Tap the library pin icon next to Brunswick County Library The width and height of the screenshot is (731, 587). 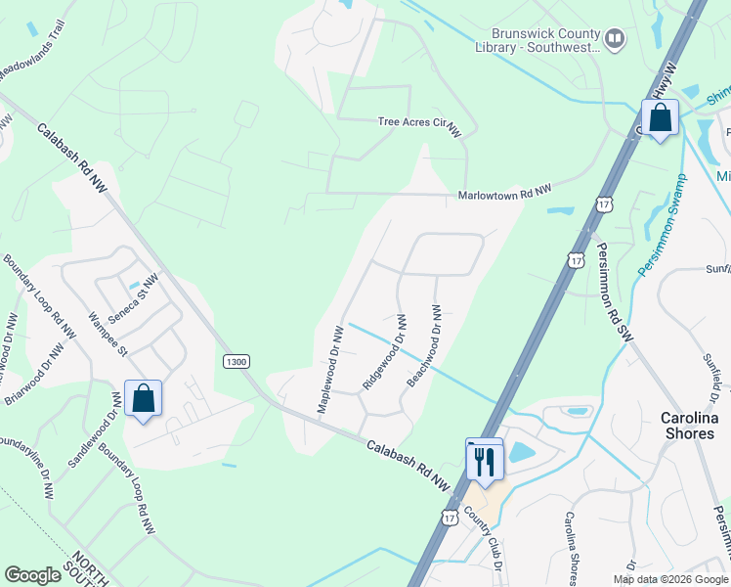click(615, 39)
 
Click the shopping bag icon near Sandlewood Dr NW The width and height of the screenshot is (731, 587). click(143, 399)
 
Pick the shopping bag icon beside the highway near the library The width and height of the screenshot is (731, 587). click(661, 118)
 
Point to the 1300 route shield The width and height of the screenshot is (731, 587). click(236, 361)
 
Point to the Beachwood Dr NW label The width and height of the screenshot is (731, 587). click(424, 345)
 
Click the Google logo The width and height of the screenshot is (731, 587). click(32, 575)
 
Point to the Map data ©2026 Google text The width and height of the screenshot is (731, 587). click(669, 579)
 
